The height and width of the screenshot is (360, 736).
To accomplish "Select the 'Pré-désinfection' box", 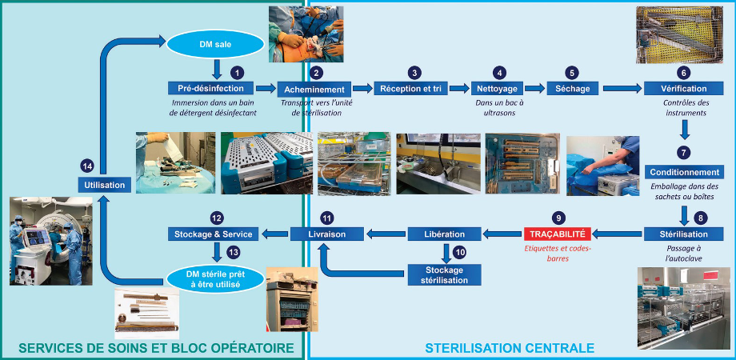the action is pos(210,88).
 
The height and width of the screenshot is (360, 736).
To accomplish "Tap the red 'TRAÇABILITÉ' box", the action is pos(557,233).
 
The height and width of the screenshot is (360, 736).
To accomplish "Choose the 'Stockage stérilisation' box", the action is pos(445,275).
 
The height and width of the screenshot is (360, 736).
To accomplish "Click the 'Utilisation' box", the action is pos(105,185).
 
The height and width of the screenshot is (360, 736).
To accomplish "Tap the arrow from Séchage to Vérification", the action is pos(622,88).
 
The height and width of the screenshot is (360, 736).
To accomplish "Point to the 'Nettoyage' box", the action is pos(497,88).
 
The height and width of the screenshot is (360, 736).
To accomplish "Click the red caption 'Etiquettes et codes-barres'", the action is pos(557,254).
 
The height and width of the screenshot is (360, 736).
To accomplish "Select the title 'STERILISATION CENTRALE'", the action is pos(510,348).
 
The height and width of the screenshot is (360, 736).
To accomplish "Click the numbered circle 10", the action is pos(460,252).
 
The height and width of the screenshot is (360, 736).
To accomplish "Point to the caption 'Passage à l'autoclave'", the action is pos(683,254).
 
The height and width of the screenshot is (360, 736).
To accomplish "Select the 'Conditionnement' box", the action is pos(683,172).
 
